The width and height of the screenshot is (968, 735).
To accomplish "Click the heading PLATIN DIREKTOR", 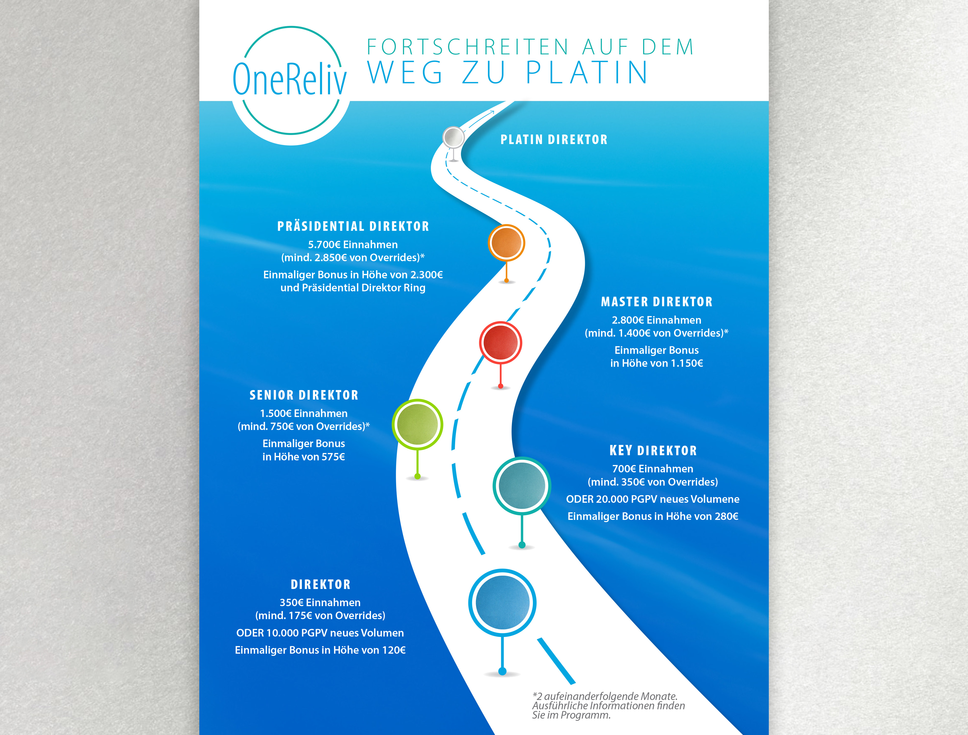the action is click(554, 140).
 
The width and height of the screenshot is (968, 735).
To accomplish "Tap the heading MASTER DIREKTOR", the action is click(657, 302).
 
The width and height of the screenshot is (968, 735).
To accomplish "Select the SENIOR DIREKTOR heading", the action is click(304, 395).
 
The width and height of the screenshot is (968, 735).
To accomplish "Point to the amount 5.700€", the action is click(324, 245).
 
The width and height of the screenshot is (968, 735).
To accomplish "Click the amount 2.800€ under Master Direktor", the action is click(628, 320).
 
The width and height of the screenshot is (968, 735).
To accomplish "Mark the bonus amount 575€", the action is click(333, 457).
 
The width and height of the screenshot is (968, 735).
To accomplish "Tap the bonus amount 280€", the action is click(726, 516).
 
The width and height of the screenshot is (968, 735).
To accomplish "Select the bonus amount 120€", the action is click(394, 650).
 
